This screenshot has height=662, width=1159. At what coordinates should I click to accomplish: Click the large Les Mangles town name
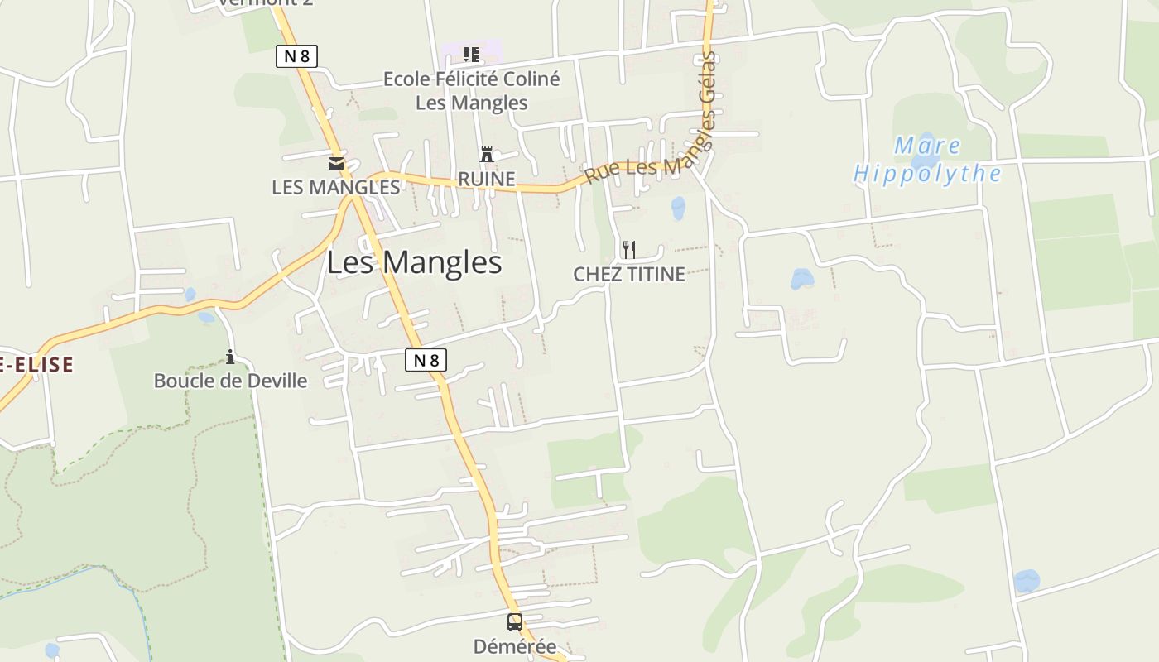point(414,263)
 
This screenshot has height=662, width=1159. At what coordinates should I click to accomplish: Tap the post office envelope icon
point(336,163)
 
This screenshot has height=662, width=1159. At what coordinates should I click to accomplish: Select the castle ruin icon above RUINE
point(487,155)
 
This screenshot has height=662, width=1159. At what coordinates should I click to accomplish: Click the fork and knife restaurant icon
point(629,249)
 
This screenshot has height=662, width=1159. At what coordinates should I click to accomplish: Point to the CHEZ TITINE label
point(629,274)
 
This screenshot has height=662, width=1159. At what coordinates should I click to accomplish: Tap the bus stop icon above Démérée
point(515,621)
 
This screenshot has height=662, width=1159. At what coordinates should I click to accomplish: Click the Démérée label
point(515,646)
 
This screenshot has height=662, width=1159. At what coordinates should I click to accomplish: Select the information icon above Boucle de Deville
point(230,357)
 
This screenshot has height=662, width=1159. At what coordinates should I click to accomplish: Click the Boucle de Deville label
point(230,381)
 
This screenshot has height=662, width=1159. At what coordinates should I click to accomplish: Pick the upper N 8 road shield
point(296,56)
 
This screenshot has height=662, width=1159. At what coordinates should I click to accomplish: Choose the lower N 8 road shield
point(426,360)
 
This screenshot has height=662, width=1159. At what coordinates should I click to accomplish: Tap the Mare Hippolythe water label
point(927,161)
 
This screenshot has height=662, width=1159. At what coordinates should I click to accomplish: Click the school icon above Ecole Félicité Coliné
point(471,55)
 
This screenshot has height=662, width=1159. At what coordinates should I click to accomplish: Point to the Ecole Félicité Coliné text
point(471,79)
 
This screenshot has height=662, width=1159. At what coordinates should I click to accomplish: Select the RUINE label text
point(487,179)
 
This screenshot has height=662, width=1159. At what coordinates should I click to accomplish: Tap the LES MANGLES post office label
point(336,187)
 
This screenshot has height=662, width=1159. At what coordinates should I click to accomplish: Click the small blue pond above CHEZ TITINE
point(678,208)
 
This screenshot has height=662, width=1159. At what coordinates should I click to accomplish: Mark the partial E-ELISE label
point(36,364)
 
